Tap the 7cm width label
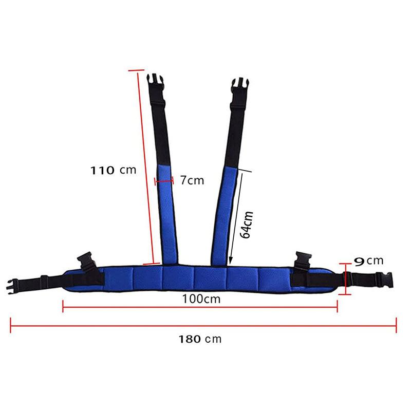[x=192, y=180]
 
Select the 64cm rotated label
[x=247, y=224]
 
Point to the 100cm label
[x=200, y=299]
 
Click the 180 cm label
[x=200, y=339]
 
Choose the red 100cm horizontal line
[x=200, y=309]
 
